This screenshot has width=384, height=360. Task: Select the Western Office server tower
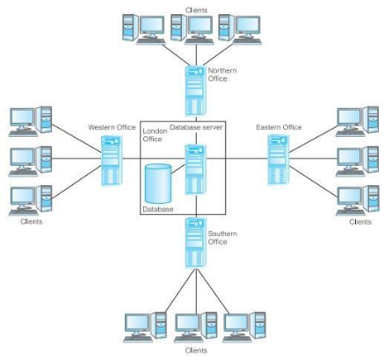[111, 161]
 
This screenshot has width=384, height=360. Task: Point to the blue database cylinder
[157, 183]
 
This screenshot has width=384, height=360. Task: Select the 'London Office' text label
[156, 135]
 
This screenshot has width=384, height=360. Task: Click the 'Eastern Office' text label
[279, 128]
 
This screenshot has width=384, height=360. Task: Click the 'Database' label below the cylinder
[159, 209]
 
